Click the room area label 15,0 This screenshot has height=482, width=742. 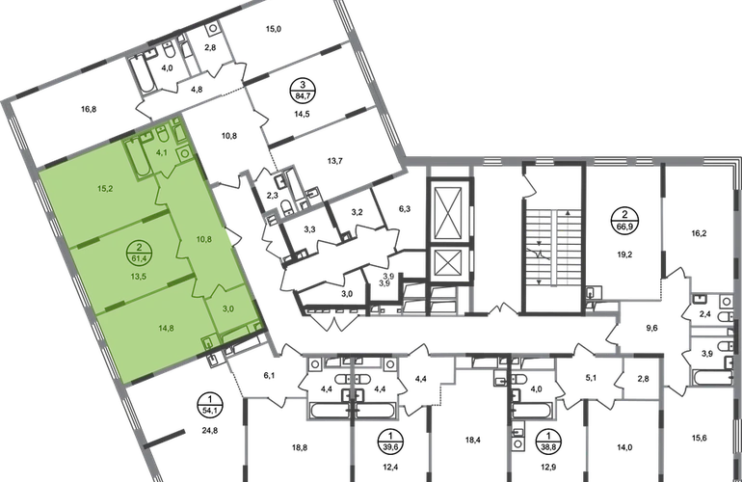tap(273, 29)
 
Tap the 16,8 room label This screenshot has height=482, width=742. tap(89, 109)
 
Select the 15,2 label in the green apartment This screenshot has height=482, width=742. tap(105, 188)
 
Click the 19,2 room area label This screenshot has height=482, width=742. tap(624, 254)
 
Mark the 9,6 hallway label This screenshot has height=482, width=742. tap(652, 328)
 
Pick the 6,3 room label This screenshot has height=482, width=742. tap(405, 208)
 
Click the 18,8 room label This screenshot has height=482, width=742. tap(300, 447)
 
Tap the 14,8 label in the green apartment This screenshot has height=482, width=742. tap(166, 328)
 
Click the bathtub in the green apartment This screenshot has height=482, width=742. tap(138, 158)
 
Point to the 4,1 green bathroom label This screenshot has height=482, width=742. tap(161, 152)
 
